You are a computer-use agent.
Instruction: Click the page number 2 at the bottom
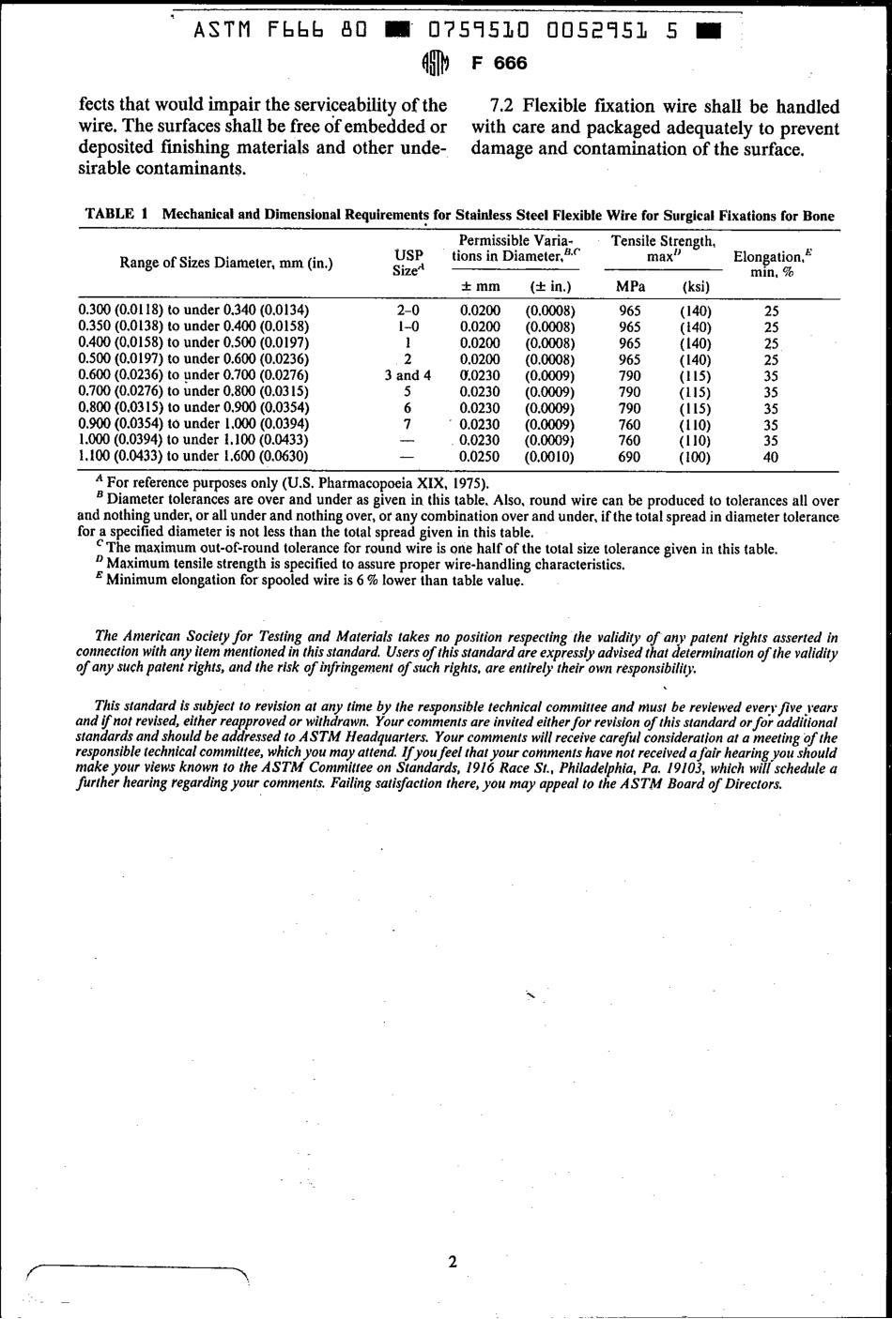pyautogui.click(x=453, y=1262)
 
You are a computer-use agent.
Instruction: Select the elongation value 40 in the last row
pyautogui.click(x=771, y=458)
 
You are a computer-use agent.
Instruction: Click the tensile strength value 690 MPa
pyautogui.click(x=629, y=457)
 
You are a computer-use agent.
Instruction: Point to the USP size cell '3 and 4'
pyautogui.click(x=408, y=375)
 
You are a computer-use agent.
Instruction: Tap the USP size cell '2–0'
pyautogui.click(x=408, y=310)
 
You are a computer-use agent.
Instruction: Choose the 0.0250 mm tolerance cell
pyautogui.click(x=481, y=457)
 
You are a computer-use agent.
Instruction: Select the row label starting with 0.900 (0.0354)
pyautogui.click(x=193, y=424)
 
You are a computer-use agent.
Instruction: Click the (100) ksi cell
pyautogui.click(x=695, y=458)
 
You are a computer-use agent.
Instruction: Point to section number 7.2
pyautogui.click(x=505, y=107)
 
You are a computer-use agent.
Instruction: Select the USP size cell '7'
pyautogui.click(x=408, y=424)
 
